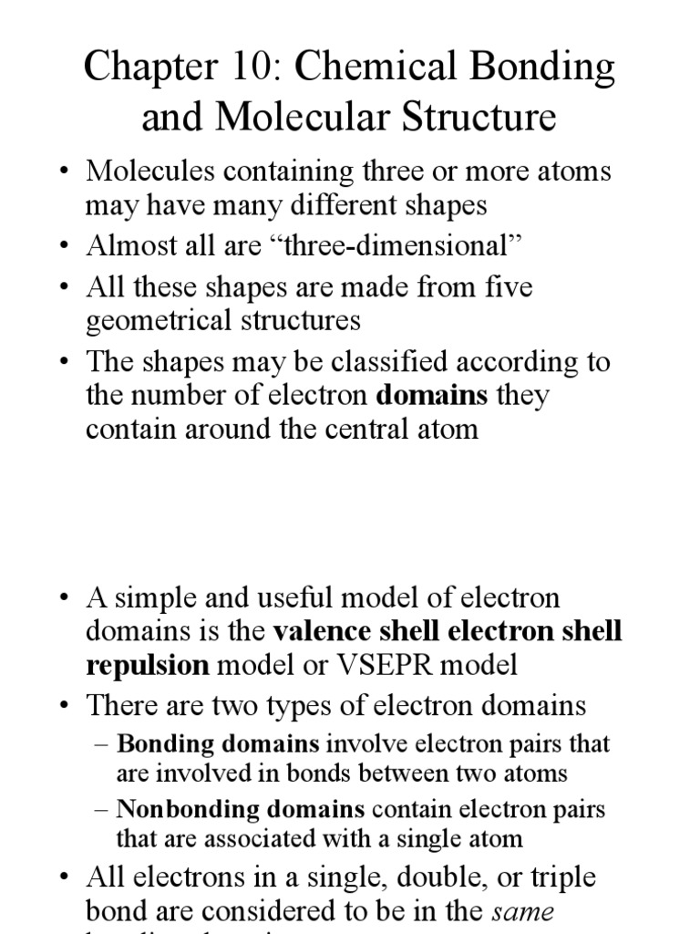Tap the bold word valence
(326, 631)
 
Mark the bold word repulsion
(146, 665)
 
